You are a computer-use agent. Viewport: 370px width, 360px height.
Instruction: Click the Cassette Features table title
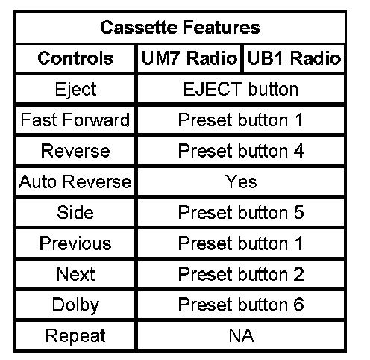pyautogui.click(x=180, y=28)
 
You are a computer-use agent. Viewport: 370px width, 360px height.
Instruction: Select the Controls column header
pyautogui.click(x=75, y=58)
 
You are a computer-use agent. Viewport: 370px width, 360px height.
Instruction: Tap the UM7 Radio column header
pyautogui.click(x=189, y=58)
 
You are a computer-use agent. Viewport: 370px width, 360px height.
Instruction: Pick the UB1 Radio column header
pyautogui.click(x=294, y=58)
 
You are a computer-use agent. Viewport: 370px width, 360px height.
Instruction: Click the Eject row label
pyautogui.click(x=75, y=89)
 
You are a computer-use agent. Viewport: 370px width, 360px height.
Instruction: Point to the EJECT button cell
pyautogui.click(x=241, y=89)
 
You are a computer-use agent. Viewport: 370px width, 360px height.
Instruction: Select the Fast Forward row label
pyautogui.click(x=75, y=120)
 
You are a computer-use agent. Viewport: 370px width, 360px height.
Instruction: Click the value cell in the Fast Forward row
pyautogui.click(x=240, y=120)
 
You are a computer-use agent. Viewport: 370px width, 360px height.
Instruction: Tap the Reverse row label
pyautogui.click(x=75, y=151)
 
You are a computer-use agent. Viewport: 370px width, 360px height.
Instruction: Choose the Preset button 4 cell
pyautogui.click(x=241, y=151)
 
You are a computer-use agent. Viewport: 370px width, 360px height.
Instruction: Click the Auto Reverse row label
pyautogui.click(x=75, y=181)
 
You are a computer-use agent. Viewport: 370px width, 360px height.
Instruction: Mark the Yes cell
pyautogui.click(x=241, y=181)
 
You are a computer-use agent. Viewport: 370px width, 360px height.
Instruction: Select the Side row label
pyautogui.click(x=75, y=213)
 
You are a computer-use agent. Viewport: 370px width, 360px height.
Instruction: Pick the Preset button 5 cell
pyautogui.click(x=241, y=213)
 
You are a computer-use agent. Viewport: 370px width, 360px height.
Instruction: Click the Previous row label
pyautogui.click(x=75, y=243)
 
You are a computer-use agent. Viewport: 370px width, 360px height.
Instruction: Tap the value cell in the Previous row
pyautogui.click(x=240, y=243)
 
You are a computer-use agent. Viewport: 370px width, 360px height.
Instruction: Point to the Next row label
pyautogui.click(x=75, y=274)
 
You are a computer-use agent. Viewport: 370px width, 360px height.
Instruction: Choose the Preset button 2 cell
pyautogui.click(x=241, y=274)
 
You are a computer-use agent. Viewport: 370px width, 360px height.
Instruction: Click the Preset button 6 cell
pyautogui.click(x=241, y=305)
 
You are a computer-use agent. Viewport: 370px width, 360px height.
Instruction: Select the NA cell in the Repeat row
pyautogui.click(x=242, y=335)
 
